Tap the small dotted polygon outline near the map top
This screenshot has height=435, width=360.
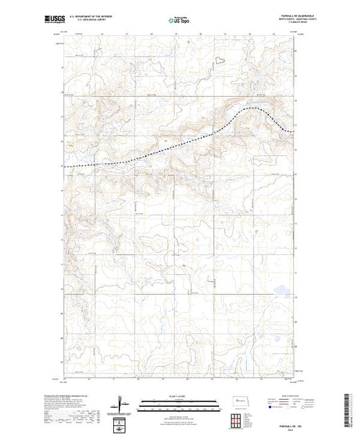click(220, 60)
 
